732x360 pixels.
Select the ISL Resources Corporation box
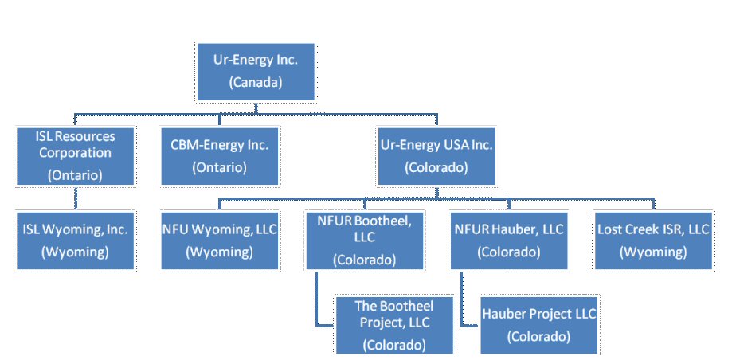coord(76,155)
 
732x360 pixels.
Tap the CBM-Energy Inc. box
coord(220,155)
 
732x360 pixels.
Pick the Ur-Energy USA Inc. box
coord(437,155)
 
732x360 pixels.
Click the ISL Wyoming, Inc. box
coord(76,240)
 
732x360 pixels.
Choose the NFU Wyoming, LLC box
coord(220,240)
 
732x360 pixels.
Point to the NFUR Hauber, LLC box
coord(508,240)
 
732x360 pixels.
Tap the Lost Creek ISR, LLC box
coord(653,240)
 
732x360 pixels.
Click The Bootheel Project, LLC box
coord(393,324)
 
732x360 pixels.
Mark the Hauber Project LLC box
coord(538,324)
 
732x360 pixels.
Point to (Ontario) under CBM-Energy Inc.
coord(219,167)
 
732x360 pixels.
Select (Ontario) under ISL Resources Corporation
coord(76,175)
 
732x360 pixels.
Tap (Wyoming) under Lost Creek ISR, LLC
coord(653,252)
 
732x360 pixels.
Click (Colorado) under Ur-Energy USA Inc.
coord(436,167)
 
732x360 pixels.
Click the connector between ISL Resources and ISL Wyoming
coord(76,198)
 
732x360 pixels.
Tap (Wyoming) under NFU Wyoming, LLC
coord(219,252)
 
